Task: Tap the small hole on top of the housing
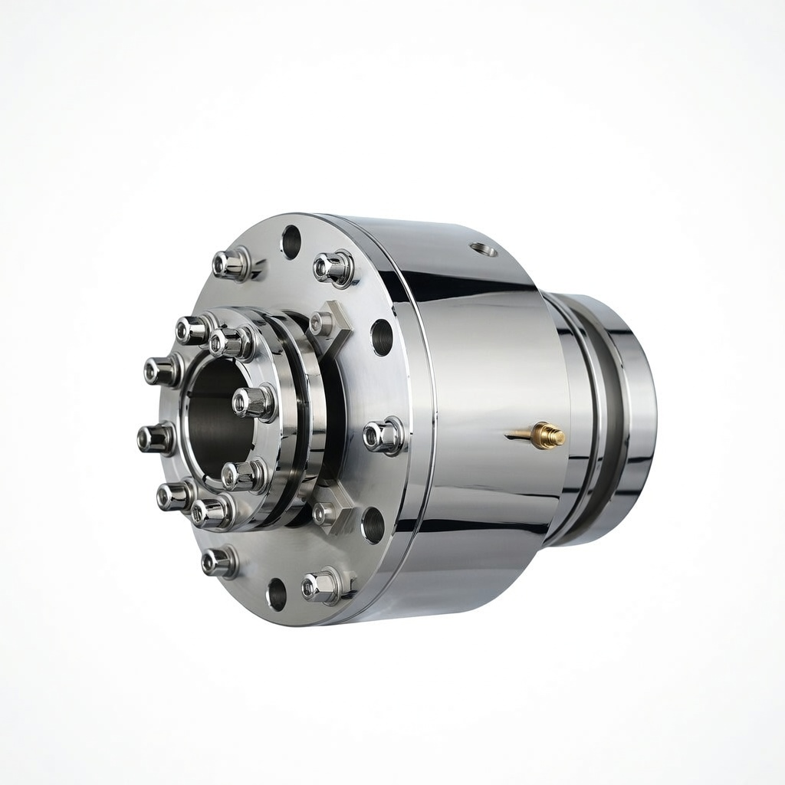click(x=483, y=248)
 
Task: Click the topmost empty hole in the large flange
click(x=291, y=241)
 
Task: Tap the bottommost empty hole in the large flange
click(x=277, y=594)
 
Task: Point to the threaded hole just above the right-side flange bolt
click(x=382, y=337)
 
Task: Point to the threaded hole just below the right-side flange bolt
click(x=373, y=525)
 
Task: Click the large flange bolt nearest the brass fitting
click(x=383, y=436)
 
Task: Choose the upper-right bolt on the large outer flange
click(x=333, y=268)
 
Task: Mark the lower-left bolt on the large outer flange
click(x=218, y=562)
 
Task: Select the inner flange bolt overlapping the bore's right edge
click(x=254, y=402)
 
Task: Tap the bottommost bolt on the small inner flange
click(x=211, y=512)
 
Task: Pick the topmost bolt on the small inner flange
click(x=231, y=342)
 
